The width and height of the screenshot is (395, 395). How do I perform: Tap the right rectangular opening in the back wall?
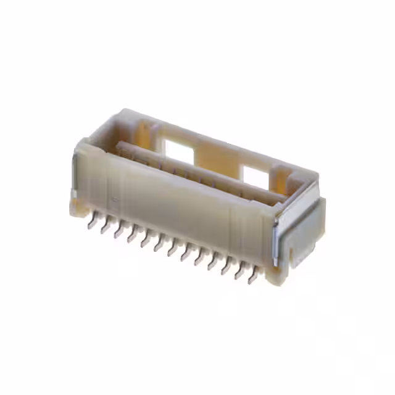(255, 175)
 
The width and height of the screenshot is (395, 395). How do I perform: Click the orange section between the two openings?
(216, 159)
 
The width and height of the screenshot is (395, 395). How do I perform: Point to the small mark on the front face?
(114, 199)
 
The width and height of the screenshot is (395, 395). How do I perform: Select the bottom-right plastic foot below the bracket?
(276, 276)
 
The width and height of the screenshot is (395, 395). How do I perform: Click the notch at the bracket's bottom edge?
(289, 255)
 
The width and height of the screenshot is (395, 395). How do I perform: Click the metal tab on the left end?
(73, 179)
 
